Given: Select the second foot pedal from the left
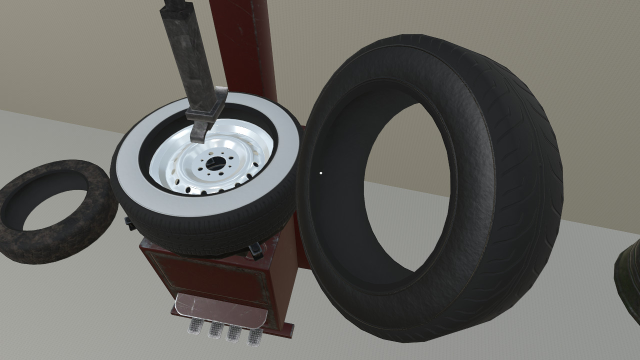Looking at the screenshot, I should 215,329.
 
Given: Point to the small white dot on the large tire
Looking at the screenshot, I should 320,173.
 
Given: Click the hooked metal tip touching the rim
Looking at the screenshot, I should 198,133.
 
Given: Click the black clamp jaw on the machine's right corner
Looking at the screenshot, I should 256,250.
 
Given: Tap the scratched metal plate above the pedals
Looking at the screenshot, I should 220,307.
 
